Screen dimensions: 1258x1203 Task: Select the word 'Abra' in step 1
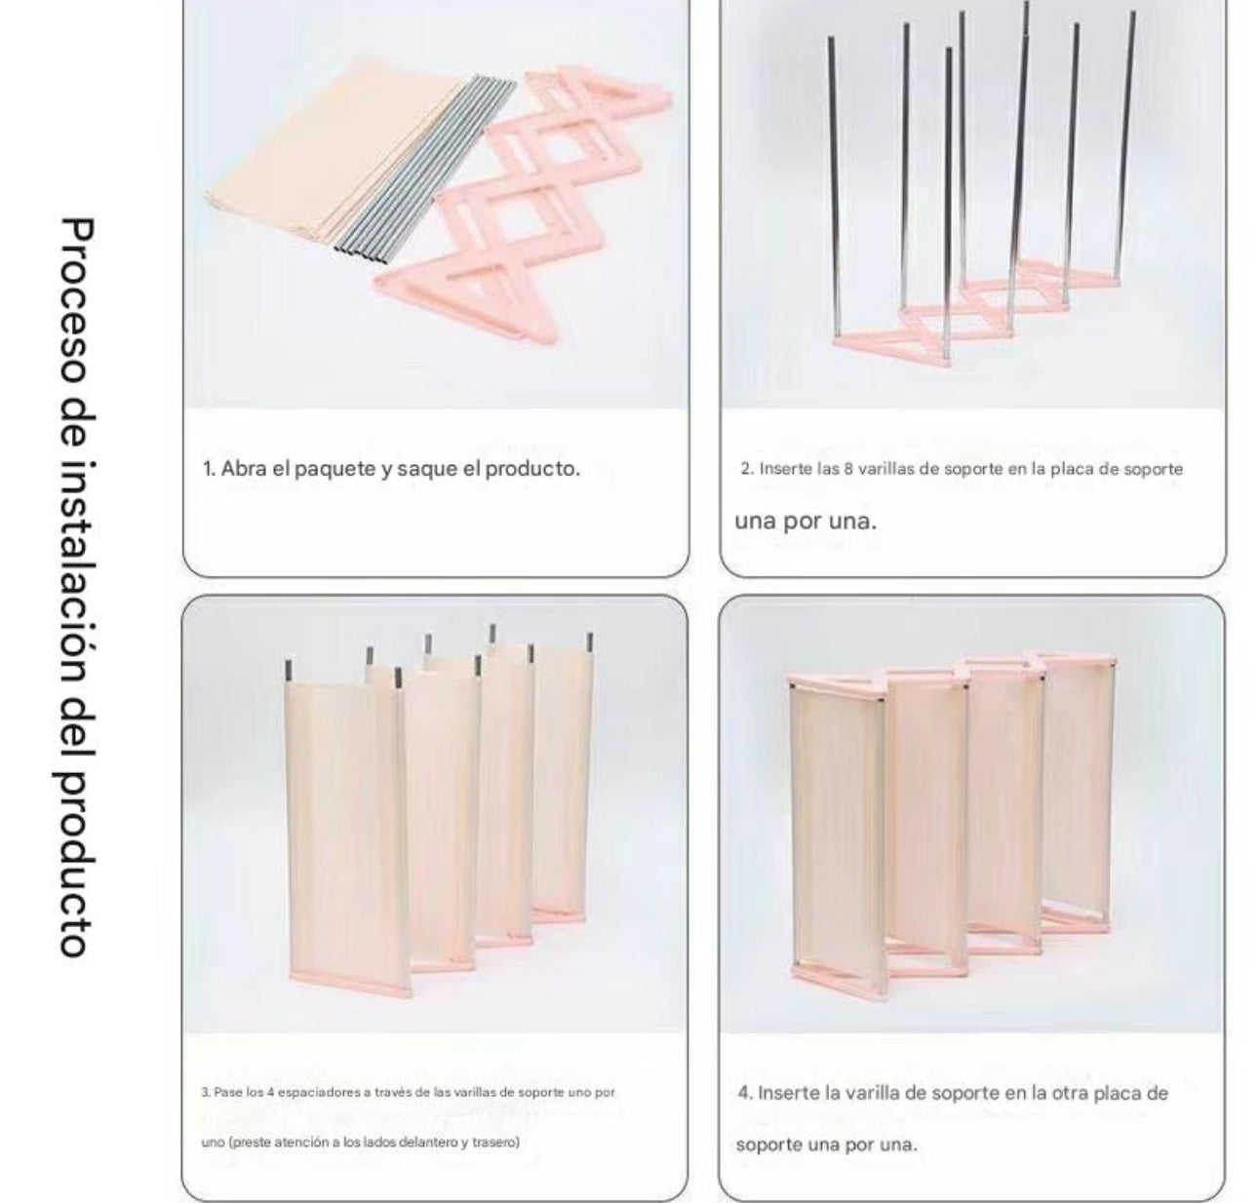pyautogui.click(x=243, y=469)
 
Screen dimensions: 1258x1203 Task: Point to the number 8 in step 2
pyautogui.click(x=848, y=468)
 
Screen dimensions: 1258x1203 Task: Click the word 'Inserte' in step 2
pyautogui.click(x=785, y=468)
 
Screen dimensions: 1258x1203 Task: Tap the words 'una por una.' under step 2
pyautogui.click(x=806, y=521)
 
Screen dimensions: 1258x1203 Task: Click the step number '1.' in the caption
pyautogui.click(x=209, y=469)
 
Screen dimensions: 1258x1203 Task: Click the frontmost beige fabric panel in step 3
pyautogui.click(x=347, y=834)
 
